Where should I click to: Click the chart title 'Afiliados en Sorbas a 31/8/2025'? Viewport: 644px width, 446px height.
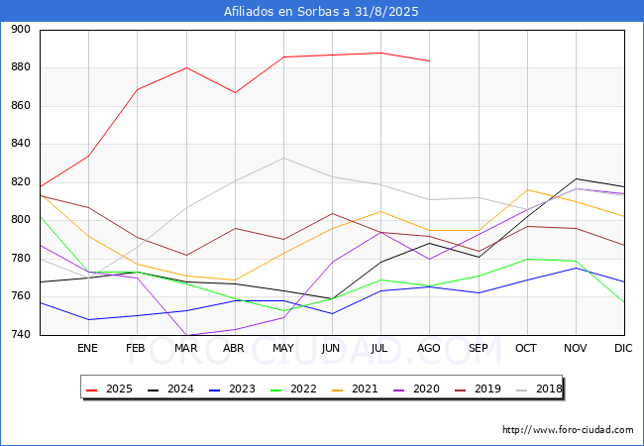click(x=321, y=12)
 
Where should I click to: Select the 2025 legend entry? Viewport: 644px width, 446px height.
click(x=109, y=389)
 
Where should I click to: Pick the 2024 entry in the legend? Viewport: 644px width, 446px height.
click(x=170, y=389)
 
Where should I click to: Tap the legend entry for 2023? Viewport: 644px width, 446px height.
click(x=232, y=389)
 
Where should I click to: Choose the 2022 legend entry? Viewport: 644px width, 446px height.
click(x=293, y=389)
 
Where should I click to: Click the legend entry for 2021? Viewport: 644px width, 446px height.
click(x=355, y=389)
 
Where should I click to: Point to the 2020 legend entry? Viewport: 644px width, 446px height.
click(x=416, y=389)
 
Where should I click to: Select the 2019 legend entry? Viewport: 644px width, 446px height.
click(x=478, y=389)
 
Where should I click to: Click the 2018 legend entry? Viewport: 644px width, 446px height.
click(x=539, y=389)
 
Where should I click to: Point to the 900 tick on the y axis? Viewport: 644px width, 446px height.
click(x=21, y=29)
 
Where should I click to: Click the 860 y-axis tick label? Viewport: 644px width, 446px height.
click(x=21, y=105)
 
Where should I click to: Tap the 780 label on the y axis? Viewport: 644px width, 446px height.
click(x=21, y=259)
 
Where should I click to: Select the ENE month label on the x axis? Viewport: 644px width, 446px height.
click(x=87, y=348)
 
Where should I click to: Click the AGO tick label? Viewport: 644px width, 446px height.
click(x=429, y=348)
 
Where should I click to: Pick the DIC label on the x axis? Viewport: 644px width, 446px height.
click(x=623, y=348)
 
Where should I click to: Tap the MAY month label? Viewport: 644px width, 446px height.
click(x=283, y=348)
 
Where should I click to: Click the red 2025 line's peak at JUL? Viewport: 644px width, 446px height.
click(x=381, y=53)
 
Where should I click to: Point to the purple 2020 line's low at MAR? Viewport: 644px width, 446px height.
click(x=186, y=335)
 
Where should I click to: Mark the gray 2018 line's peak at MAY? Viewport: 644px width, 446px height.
click(x=283, y=159)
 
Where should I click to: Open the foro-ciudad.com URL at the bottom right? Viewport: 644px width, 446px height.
click(x=568, y=430)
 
